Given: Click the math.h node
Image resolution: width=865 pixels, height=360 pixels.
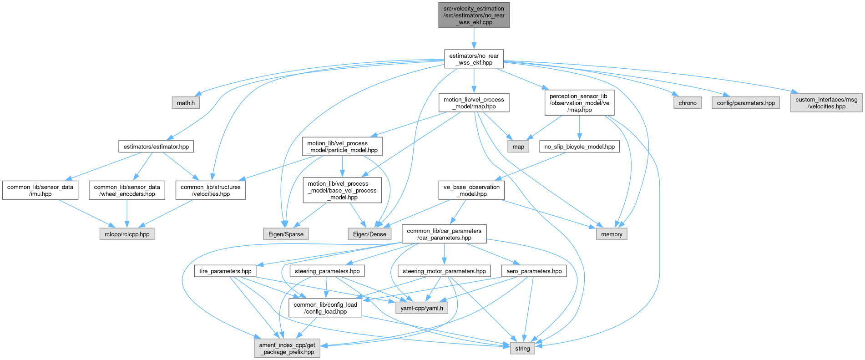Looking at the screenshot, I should (186, 103).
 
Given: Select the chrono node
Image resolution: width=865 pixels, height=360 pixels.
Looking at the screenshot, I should (687, 103).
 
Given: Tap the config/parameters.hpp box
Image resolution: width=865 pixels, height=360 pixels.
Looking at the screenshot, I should (745, 103).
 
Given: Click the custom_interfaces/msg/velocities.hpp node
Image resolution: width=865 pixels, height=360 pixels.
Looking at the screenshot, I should (826, 103).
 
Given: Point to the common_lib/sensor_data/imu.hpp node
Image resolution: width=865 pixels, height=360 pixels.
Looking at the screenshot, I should (40, 190).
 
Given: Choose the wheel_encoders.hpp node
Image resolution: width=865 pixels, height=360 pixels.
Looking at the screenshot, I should (127, 190).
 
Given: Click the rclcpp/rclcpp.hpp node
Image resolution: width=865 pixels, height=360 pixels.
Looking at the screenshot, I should (127, 234).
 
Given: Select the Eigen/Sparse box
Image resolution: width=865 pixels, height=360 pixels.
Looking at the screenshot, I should (286, 234).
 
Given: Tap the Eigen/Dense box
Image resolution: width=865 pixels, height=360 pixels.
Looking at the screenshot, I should (369, 234).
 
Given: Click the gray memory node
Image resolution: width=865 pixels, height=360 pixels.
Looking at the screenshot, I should (611, 234).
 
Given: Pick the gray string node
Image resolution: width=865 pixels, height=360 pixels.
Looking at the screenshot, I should (522, 348).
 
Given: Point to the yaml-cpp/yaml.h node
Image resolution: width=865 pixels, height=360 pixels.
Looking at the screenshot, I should (421, 308).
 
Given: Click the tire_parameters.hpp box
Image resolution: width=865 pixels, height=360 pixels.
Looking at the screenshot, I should (225, 271).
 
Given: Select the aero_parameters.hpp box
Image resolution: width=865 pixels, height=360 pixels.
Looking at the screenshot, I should (534, 271).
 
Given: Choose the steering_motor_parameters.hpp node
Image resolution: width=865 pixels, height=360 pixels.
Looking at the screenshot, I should (444, 271).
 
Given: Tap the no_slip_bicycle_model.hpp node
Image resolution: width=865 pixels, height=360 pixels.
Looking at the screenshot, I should (579, 147).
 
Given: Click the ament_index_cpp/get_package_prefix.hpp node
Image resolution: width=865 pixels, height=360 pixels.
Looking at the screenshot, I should (287, 348).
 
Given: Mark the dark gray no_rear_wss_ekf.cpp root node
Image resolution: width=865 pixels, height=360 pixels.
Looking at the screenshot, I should (474, 15).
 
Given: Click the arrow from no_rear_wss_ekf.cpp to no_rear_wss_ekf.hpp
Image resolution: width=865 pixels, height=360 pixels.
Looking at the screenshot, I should (474, 38).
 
